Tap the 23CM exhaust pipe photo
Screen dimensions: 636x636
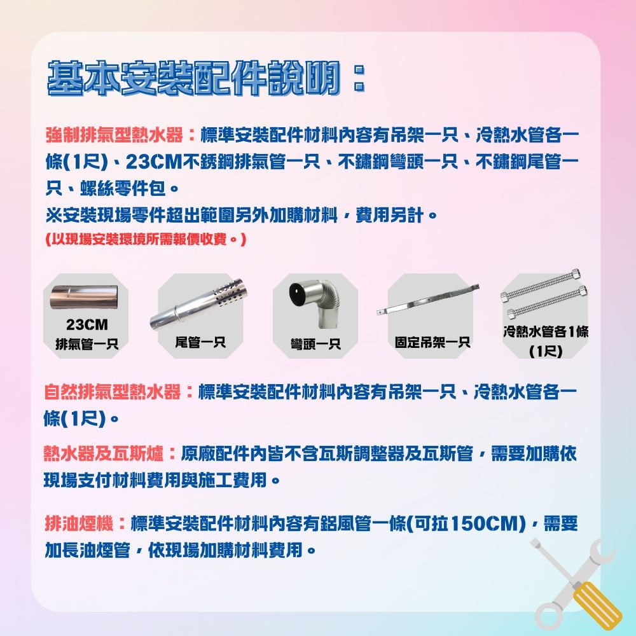pos(86,296)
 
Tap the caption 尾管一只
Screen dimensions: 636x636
pos(200,343)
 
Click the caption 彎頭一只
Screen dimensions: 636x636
pos(315,345)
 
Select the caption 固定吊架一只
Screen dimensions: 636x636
pos(432,343)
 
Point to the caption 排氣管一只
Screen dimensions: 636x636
pos(86,345)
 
